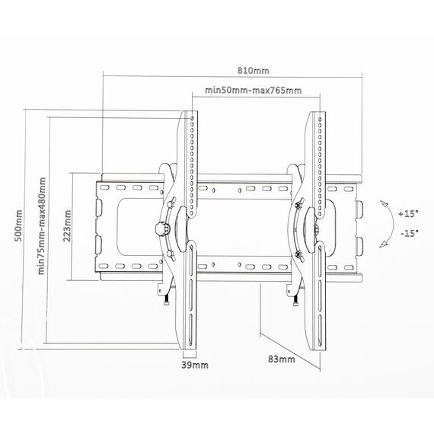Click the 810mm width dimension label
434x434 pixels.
pos(254,71)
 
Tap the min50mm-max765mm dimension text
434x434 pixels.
pos(254,91)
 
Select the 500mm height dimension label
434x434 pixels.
pos(18,225)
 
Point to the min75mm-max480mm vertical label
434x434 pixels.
pos(42,226)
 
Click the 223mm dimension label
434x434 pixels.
pos(67,226)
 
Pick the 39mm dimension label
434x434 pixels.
pos(195,365)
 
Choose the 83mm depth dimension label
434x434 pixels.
pos(282,359)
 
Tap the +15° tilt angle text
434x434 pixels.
pos(408,214)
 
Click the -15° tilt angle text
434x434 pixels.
pos(410,233)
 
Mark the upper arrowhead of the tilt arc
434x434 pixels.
pos(385,203)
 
